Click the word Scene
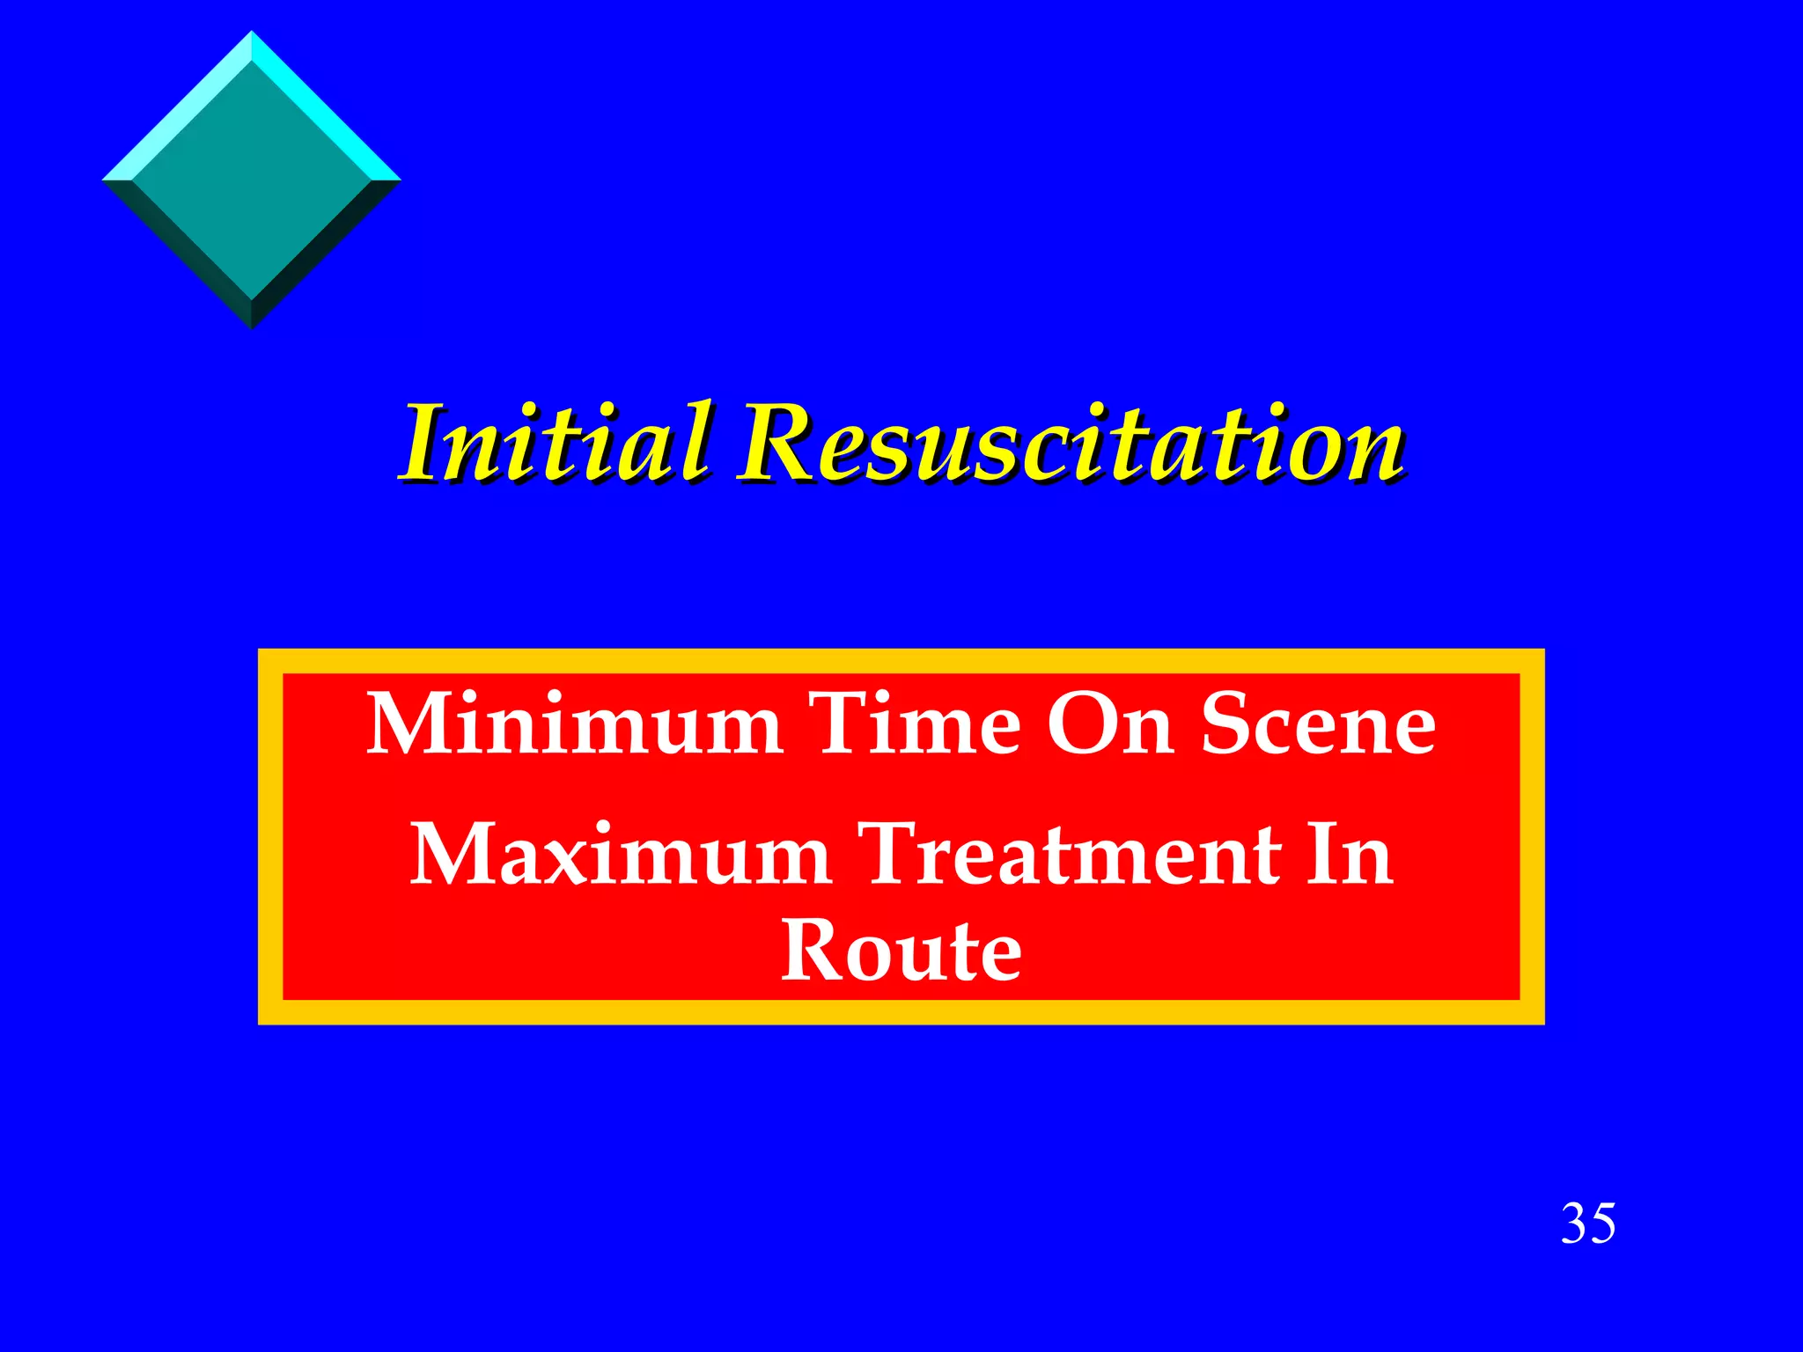coord(1318,724)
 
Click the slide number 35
coord(1588,1223)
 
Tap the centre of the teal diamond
coord(252,180)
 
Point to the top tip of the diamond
coord(252,33)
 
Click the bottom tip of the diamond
coord(252,327)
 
